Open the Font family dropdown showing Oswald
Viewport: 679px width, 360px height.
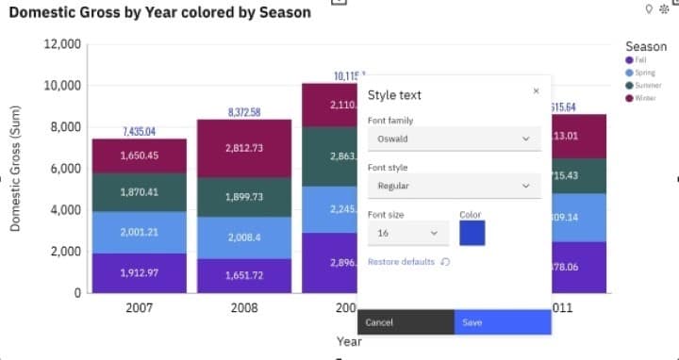(x=454, y=139)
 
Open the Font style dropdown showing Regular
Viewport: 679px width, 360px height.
(x=454, y=186)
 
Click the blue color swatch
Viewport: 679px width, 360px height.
(x=472, y=233)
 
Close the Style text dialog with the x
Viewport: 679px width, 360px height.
(x=536, y=91)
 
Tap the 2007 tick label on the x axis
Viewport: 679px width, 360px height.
(x=139, y=308)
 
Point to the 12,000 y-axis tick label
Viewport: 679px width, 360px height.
(x=62, y=45)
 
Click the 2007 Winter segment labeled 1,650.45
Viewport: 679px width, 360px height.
(x=139, y=155)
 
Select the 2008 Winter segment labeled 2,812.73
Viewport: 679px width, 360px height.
(x=244, y=148)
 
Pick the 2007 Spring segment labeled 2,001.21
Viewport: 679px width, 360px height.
(x=139, y=232)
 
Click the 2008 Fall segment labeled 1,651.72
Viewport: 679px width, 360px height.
(x=244, y=275)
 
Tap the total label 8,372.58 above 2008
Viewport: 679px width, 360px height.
(x=244, y=113)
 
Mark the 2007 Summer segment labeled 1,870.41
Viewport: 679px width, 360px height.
(x=139, y=192)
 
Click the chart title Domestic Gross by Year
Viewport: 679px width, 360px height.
(x=159, y=13)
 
